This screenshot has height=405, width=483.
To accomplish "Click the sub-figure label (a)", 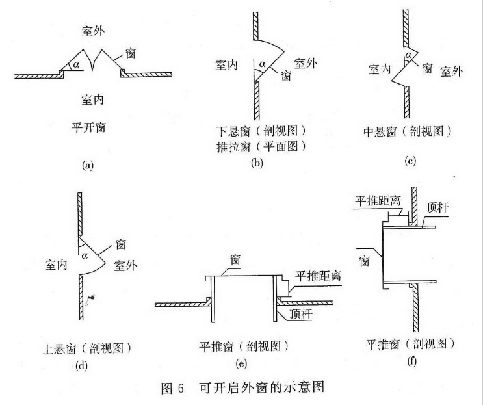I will tap(88, 165).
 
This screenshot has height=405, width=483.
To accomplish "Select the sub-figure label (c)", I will tap(410, 160).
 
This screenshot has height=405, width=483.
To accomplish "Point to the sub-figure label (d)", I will tap(81, 364).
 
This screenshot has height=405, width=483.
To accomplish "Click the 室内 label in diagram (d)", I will tap(57, 265).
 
